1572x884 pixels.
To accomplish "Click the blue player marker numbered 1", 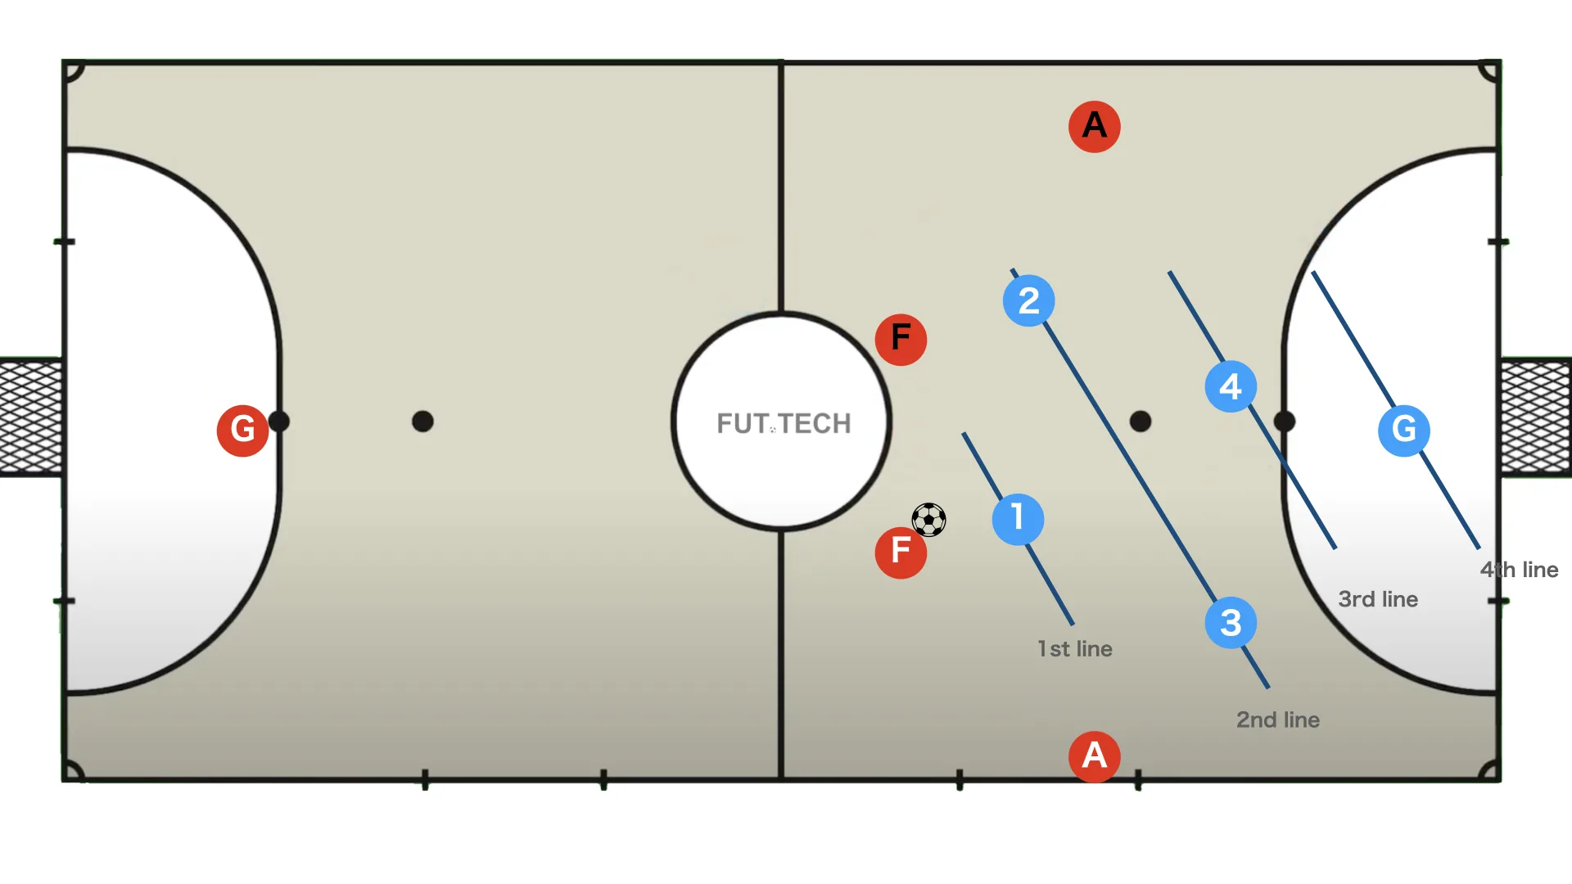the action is click(x=1018, y=519).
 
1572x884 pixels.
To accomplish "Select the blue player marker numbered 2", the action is click(x=1028, y=300).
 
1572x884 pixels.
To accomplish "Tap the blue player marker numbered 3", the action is click(x=1231, y=623).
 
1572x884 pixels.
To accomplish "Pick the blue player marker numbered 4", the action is click(x=1231, y=386).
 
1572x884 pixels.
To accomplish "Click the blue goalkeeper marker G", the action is click(x=1404, y=430).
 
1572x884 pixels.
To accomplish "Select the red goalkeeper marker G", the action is click(x=242, y=430).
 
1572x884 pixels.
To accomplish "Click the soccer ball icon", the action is click(x=928, y=520).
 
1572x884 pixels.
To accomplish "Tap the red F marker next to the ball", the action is click(x=901, y=552).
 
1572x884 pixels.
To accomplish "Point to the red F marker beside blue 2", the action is click(x=901, y=340).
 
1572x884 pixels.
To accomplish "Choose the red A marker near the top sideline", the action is click(x=1095, y=127).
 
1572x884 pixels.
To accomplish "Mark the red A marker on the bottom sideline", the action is click(x=1095, y=756).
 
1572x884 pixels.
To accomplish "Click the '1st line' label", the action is click(x=1075, y=649).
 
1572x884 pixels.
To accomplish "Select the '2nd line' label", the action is click(x=1278, y=720).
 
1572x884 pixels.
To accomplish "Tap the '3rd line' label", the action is click(x=1378, y=599).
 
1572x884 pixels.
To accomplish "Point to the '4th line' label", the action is click(x=1519, y=570).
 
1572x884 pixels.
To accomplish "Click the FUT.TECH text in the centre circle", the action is click(x=784, y=423).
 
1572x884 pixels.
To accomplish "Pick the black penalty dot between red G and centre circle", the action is click(x=422, y=422).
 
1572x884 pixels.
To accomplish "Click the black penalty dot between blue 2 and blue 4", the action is click(x=1141, y=422).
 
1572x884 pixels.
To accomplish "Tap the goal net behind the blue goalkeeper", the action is click(x=1536, y=417).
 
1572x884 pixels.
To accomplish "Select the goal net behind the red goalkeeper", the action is click(x=31, y=417).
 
